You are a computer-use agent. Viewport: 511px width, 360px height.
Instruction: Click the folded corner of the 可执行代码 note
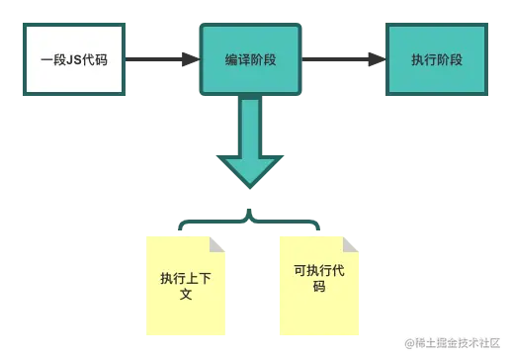pos(352,240)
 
